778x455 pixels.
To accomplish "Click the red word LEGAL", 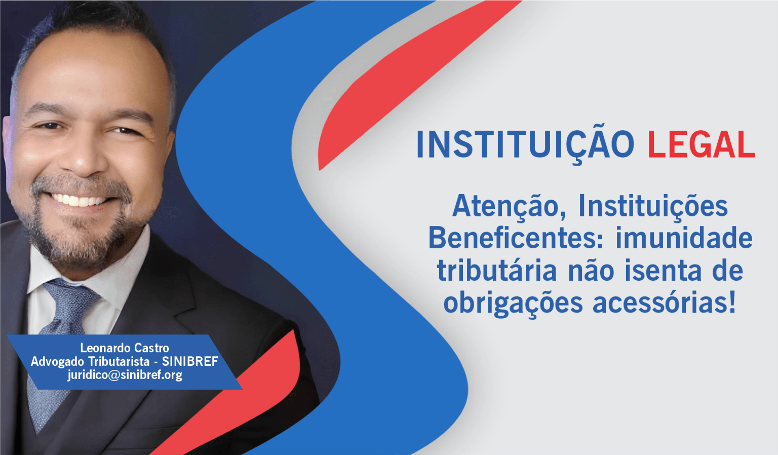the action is (701, 144).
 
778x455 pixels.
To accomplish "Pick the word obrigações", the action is (513, 304).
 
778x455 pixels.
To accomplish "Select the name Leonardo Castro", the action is (125, 348).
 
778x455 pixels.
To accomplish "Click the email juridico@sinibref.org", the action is (125, 375).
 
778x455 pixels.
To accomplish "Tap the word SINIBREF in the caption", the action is (190, 362).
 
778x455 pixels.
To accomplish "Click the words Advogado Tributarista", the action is (90, 362).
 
